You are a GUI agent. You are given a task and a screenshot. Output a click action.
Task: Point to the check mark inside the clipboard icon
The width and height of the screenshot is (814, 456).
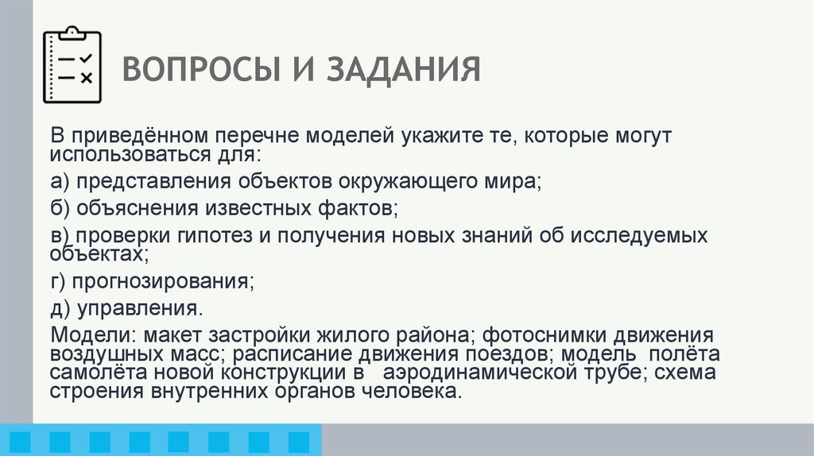point(87,58)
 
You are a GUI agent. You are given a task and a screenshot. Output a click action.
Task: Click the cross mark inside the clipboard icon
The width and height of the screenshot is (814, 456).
point(87,77)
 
